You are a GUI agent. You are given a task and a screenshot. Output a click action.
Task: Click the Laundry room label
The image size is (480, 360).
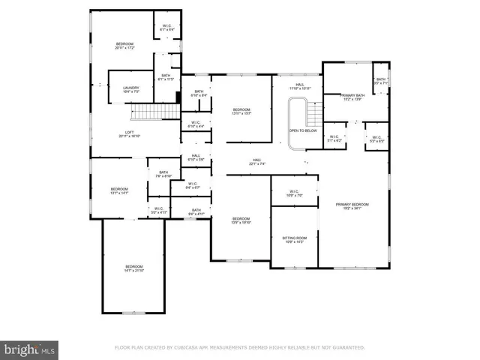[131, 90]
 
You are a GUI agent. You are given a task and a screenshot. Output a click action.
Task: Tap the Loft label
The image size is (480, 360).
[130, 134]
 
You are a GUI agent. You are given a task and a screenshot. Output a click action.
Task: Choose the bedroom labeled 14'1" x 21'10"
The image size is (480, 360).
[134, 268]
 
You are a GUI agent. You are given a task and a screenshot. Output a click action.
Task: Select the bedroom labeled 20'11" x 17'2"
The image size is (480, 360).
[124, 46]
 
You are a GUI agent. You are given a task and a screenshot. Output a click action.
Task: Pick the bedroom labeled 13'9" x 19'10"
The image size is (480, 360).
[241, 220]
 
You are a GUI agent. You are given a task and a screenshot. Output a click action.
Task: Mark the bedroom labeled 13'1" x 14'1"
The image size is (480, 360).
[120, 190]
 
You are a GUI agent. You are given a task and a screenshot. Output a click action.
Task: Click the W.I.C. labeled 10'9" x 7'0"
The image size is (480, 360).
[294, 193]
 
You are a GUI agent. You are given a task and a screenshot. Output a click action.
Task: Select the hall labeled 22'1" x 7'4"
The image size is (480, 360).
[256, 162]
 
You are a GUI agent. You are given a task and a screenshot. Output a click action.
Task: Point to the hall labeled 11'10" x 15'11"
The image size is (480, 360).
[300, 87]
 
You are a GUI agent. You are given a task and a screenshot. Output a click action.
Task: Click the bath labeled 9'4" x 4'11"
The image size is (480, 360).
[196, 212]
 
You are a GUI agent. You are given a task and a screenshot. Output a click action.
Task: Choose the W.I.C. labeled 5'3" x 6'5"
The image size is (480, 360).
[376, 139]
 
